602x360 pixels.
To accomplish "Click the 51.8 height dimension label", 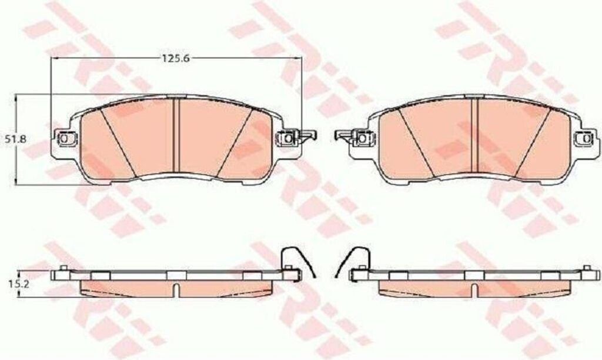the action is click(16, 139).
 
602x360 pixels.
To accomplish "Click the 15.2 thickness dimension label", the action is click(15, 284).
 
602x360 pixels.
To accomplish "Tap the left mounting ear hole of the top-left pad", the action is click(64, 138).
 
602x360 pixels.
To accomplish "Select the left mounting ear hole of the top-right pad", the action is click(362, 138).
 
